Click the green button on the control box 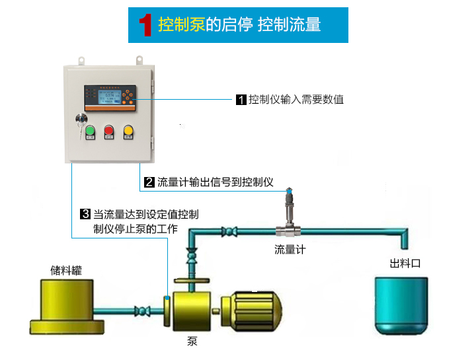pos(91,129)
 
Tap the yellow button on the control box pos(129,129)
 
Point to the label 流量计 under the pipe pos(290,250)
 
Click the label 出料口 pos(405,263)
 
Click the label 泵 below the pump pos(192,342)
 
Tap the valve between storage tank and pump pos(143,310)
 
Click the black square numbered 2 pos(149,182)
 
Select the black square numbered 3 pos(85,214)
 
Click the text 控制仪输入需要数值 pos(296,100)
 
